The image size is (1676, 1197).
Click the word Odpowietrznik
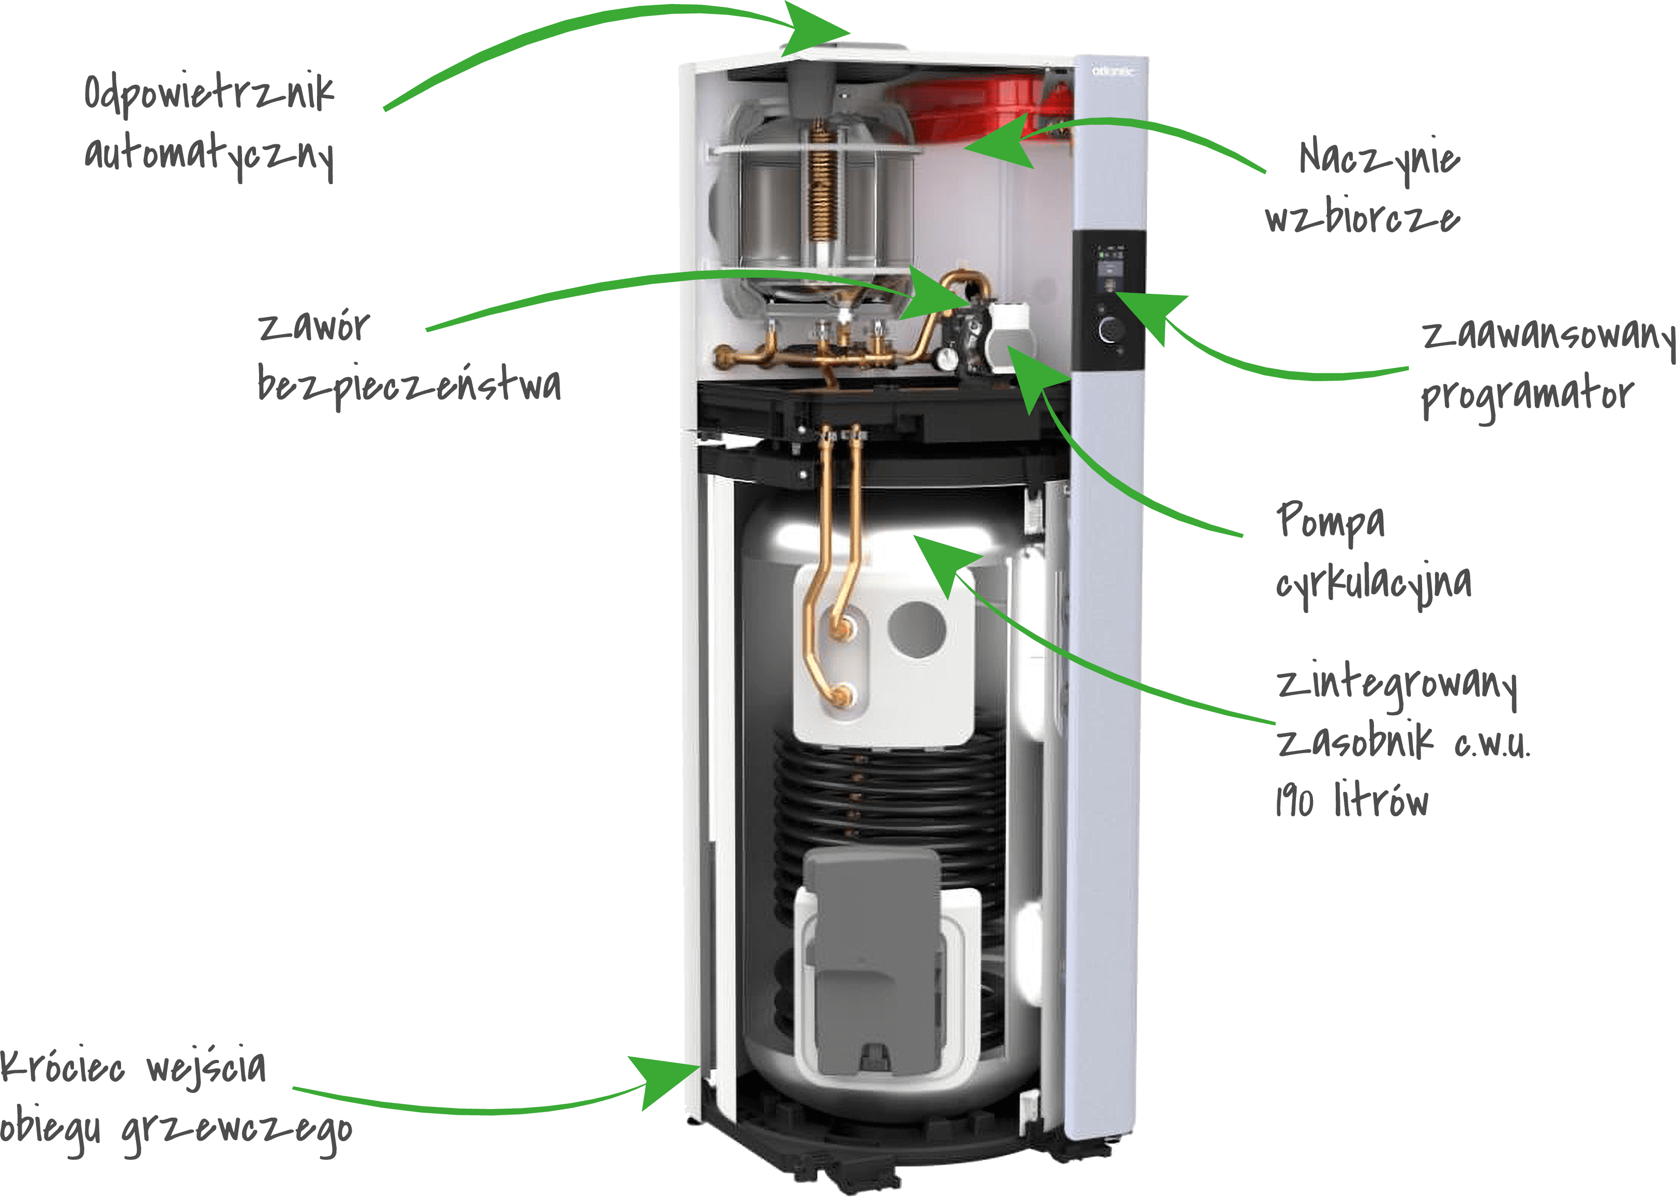coord(209,94)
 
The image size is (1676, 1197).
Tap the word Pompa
coord(1331,521)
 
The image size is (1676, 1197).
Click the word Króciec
coord(62,1067)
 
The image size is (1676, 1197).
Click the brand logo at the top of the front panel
coord(1113,71)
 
